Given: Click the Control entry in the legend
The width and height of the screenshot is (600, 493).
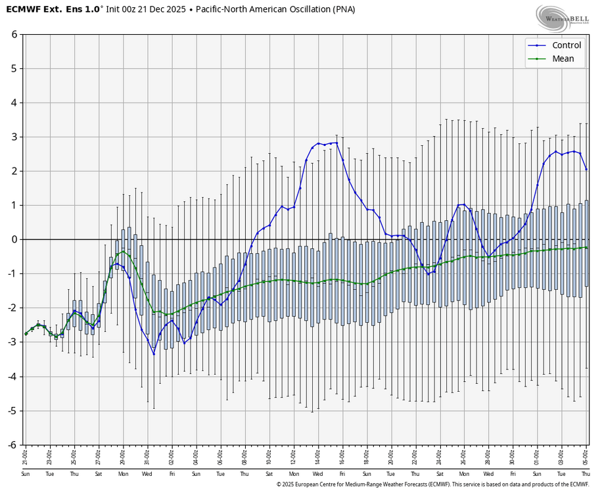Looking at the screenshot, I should pyautogui.click(x=566, y=45).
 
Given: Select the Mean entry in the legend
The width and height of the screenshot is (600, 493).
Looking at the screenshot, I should pyautogui.click(x=563, y=59).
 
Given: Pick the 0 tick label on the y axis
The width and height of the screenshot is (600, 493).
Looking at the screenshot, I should pyautogui.click(x=14, y=239).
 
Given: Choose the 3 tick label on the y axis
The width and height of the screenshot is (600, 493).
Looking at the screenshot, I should pyautogui.click(x=14, y=137).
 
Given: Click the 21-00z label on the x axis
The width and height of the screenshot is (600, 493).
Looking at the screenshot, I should pyautogui.click(x=26, y=454).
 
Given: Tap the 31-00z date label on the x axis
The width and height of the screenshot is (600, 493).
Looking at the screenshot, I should pyautogui.click(x=147, y=454).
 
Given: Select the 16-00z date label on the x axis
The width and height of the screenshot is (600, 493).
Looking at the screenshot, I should pyautogui.click(x=342, y=454).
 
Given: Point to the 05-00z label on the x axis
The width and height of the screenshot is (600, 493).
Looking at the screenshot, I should pyautogui.click(x=586, y=454).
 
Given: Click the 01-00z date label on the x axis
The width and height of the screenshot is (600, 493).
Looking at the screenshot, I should pyautogui.click(x=537, y=454).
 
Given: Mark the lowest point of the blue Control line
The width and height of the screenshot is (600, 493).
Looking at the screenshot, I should pyautogui.click(x=154, y=354).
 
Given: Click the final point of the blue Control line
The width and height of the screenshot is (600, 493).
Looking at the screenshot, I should pyautogui.click(x=586, y=169).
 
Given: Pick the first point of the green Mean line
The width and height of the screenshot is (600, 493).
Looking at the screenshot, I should pyautogui.click(x=26, y=334).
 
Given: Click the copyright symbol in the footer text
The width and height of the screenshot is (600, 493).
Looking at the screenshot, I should pyautogui.click(x=279, y=484).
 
